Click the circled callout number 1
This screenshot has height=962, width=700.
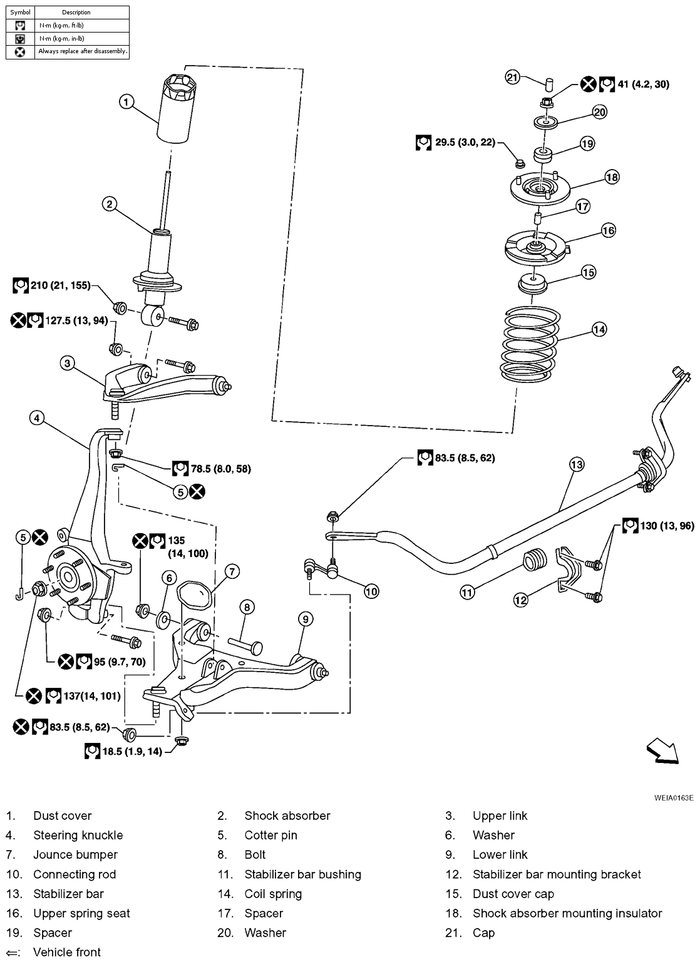[x=126, y=101]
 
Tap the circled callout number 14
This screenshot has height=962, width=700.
[x=599, y=329]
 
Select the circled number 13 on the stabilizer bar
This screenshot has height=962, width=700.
[x=576, y=464]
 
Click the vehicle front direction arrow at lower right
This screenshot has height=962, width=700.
[x=663, y=750]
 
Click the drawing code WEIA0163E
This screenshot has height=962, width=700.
[x=674, y=798]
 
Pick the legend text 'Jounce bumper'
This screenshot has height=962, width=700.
[x=75, y=854]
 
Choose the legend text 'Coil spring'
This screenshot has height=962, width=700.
[x=273, y=894]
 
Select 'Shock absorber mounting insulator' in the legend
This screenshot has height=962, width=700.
[x=567, y=913]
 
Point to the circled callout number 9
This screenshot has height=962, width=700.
[x=305, y=620]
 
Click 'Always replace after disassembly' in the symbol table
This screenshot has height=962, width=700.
[x=83, y=51]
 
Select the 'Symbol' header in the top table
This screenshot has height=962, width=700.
[x=20, y=12]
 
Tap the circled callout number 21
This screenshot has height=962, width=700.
[x=513, y=78]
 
